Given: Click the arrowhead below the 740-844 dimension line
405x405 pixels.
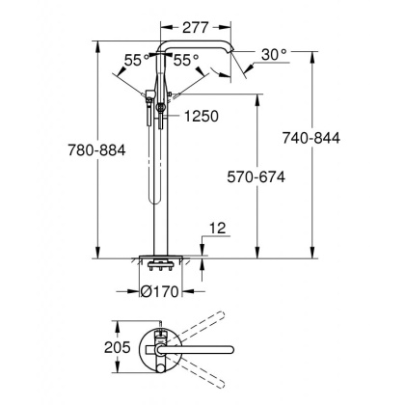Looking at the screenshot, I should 314,255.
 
